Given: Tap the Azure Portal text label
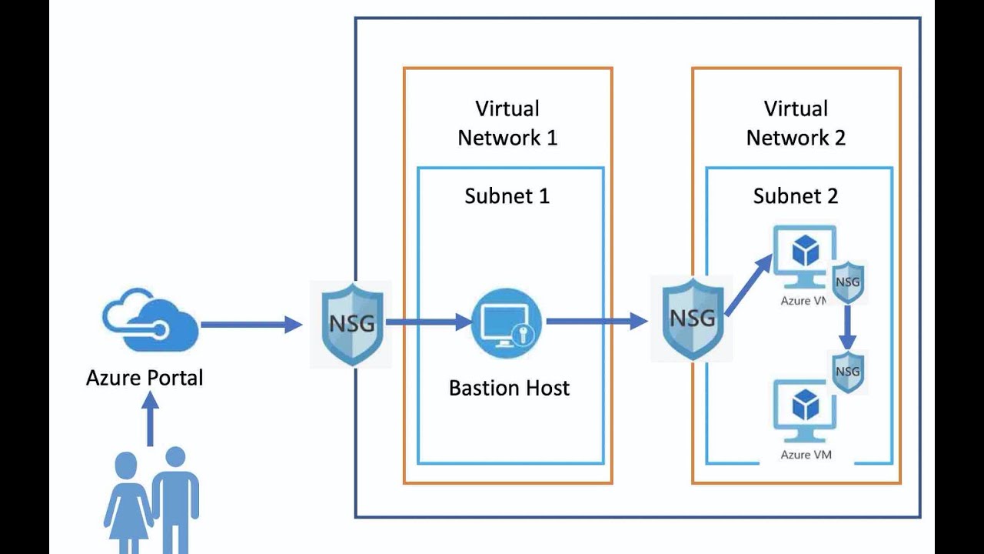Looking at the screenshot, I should click(x=145, y=378).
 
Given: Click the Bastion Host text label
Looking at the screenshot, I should click(x=509, y=388).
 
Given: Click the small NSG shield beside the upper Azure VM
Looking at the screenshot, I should click(x=848, y=282).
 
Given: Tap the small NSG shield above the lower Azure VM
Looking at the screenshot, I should click(x=848, y=372).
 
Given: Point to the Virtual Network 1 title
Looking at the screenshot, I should click(x=507, y=123).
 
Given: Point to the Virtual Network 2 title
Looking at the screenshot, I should click(x=796, y=123).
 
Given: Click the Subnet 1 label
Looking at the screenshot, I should click(x=507, y=196).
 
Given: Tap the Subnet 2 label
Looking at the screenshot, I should click(x=796, y=196).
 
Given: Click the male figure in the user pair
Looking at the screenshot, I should click(x=175, y=492).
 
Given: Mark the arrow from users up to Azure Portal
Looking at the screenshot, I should click(x=150, y=419).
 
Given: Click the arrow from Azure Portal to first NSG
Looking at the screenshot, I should click(x=251, y=325).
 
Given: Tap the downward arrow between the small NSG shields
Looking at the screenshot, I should click(x=847, y=327).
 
